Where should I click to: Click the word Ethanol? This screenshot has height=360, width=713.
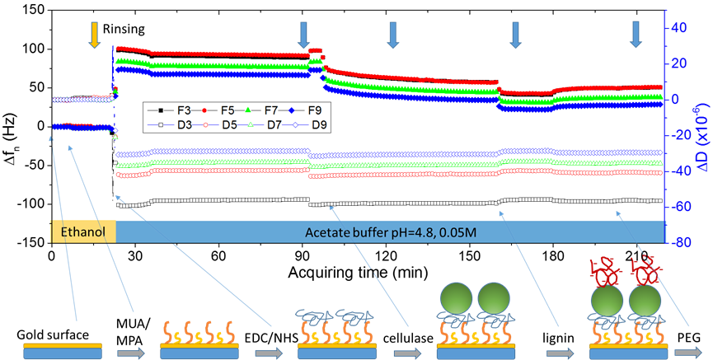click(83, 232)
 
